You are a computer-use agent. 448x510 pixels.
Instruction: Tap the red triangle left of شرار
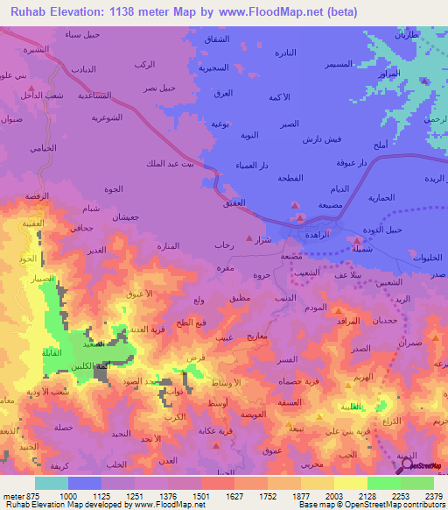pyautogui.click(x=250, y=237)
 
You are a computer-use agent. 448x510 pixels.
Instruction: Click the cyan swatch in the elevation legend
pyautogui.click(x=52, y=483)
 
